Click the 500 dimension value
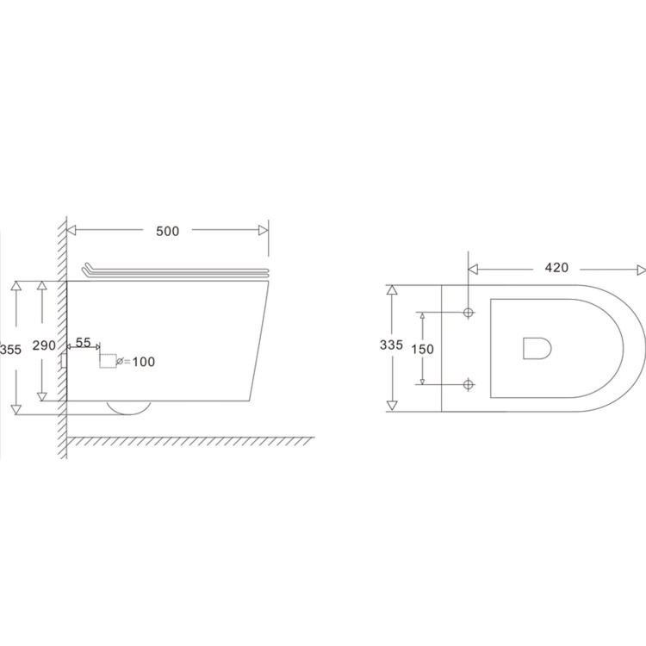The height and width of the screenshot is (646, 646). (167, 231)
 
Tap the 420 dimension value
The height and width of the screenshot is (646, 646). (556, 268)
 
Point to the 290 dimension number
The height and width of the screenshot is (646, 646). (44, 345)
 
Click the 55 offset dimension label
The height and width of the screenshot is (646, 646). (84, 342)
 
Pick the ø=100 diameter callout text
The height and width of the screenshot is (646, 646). (136, 362)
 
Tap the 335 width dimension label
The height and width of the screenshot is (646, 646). (391, 345)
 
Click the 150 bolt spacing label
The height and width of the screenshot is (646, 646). (422, 349)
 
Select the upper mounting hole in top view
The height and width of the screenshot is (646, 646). (468, 312)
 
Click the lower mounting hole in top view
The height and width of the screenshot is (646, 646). (468, 383)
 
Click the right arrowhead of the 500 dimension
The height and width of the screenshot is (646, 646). (264, 231)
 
